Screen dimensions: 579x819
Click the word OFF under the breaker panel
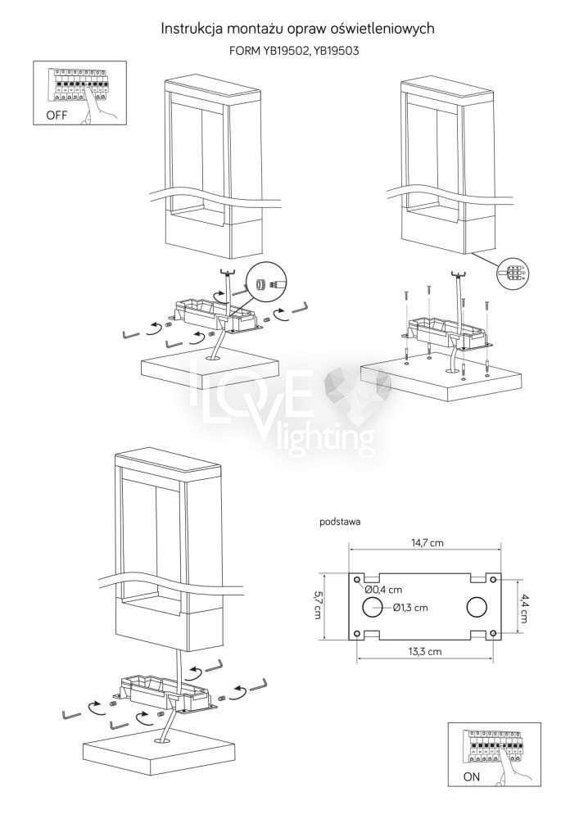pos(57,115)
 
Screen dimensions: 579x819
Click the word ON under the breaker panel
pos(472,776)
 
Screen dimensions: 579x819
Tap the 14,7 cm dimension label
pos(427,543)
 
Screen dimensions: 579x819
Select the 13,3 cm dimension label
pos(425,651)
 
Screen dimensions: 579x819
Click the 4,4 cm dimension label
pos(523,606)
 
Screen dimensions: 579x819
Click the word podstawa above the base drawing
pos(340,521)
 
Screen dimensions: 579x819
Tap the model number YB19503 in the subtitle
pos(337,51)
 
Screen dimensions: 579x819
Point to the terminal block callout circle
pos(512,272)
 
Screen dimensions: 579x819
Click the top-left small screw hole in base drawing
pos(357,580)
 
